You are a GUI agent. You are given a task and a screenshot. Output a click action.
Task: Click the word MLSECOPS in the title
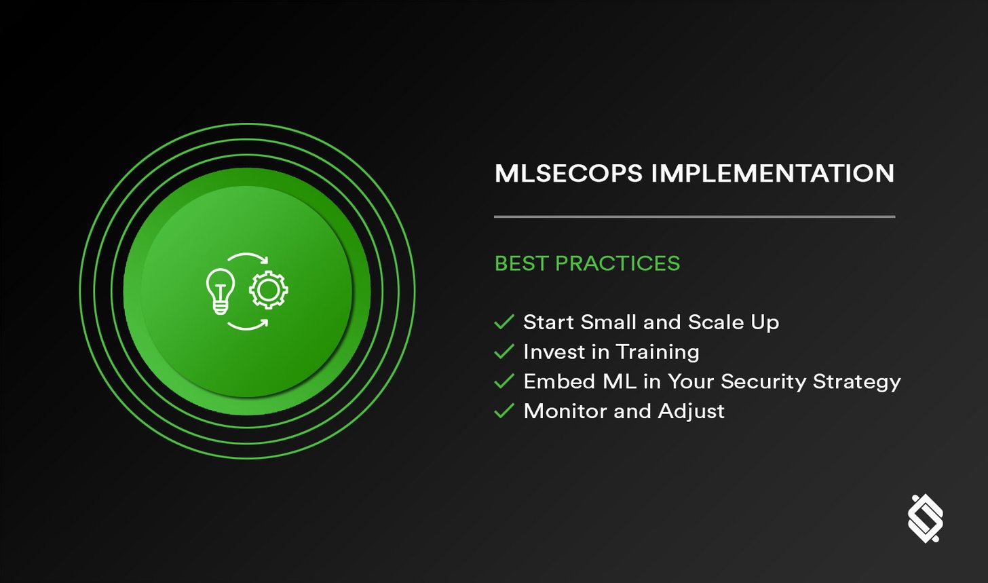click(x=568, y=174)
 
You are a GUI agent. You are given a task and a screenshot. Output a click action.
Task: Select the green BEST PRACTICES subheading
click(x=587, y=263)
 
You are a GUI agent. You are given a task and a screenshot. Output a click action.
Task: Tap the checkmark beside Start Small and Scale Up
click(x=504, y=322)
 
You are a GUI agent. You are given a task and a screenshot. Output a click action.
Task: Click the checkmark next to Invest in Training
click(x=504, y=352)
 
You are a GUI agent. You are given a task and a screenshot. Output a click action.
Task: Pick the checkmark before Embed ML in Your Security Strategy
click(x=504, y=381)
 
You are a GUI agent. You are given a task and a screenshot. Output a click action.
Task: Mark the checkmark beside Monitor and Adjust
click(x=504, y=411)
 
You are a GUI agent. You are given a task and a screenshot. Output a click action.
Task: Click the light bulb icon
click(x=221, y=291)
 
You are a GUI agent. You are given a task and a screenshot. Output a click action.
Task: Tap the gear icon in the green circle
click(x=269, y=290)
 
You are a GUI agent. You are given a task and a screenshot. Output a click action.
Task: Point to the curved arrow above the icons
click(x=248, y=259)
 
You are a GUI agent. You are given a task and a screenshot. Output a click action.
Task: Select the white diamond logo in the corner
click(x=926, y=519)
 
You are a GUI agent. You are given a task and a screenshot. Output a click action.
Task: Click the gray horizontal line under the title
click(x=694, y=217)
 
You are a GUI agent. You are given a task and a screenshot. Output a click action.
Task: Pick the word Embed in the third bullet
click(x=550, y=381)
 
